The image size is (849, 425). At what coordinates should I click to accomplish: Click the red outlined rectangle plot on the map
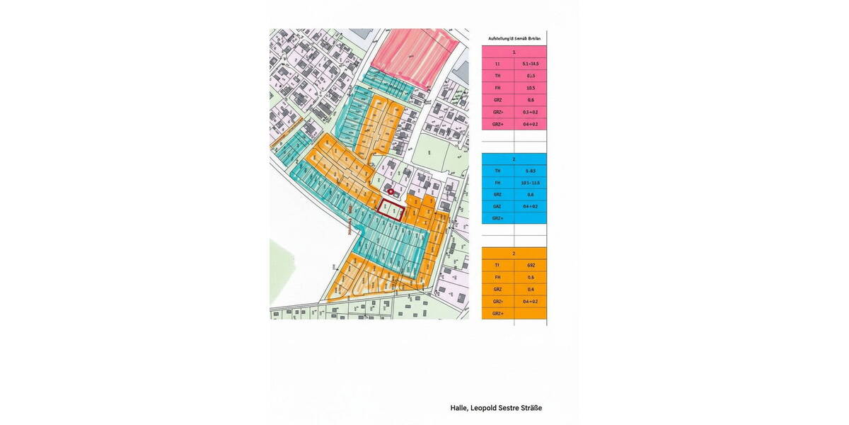click(x=390, y=211)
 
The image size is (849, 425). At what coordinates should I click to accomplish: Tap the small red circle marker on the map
click(x=391, y=191)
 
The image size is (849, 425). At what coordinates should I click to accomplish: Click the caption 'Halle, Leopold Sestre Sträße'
click(x=496, y=408)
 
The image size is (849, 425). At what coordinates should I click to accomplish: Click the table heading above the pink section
click(x=514, y=38)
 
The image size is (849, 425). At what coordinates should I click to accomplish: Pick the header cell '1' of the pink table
click(x=514, y=52)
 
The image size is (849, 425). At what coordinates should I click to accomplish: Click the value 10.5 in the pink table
click(x=530, y=88)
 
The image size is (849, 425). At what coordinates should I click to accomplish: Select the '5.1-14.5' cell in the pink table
click(x=530, y=64)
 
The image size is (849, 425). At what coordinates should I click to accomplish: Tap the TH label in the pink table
click(x=497, y=76)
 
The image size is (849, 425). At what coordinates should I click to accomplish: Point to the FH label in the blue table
click(x=497, y=183)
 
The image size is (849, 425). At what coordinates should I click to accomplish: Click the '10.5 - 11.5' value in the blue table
click(x=530, y=183)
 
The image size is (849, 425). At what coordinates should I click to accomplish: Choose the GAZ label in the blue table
click(x=497, y=206)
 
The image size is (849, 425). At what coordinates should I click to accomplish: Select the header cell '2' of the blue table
click(x=514, y=159)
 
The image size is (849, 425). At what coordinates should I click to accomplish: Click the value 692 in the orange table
click(x=530, y=265)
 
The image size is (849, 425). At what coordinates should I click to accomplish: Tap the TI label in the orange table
click(x=497, y=265)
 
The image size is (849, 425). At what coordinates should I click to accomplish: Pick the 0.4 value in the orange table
click(x=530, y=289)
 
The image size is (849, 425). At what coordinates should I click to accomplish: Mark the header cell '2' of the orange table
click(x=514, y=253)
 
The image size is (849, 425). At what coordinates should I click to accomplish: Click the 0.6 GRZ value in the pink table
click(x=530, y=100)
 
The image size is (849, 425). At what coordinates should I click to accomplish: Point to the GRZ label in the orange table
click(x=497, y=289)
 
